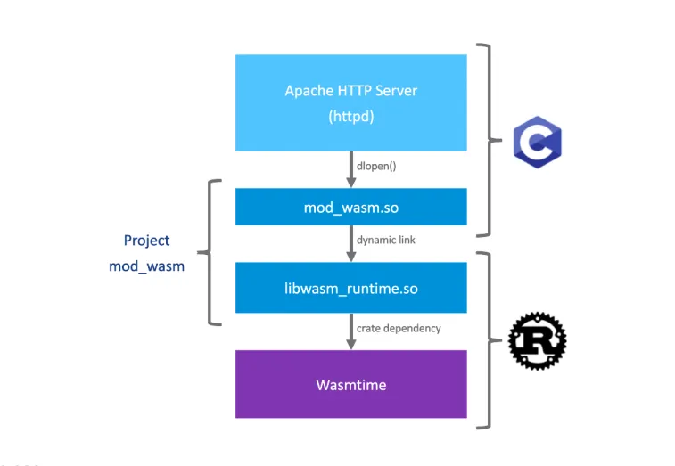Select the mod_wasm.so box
350,207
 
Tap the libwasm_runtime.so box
350,288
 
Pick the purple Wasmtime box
350,384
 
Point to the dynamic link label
386,240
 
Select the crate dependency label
399,328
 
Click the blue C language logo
537,142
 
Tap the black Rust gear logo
537,340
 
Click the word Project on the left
146,241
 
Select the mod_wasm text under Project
146,266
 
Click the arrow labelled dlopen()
350,169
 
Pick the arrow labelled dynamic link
350,243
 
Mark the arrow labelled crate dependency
350,331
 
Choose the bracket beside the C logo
486,140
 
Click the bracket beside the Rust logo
486,339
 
